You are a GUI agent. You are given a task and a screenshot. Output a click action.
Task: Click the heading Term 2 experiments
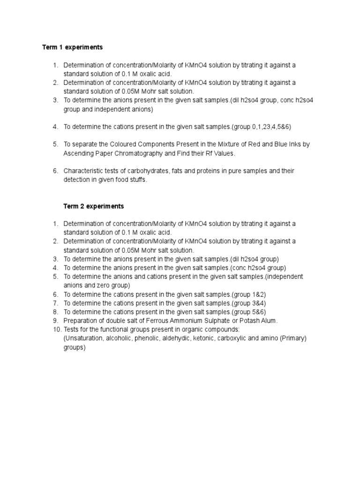[94, 206]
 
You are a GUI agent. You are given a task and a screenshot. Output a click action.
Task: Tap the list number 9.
[55, 321]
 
